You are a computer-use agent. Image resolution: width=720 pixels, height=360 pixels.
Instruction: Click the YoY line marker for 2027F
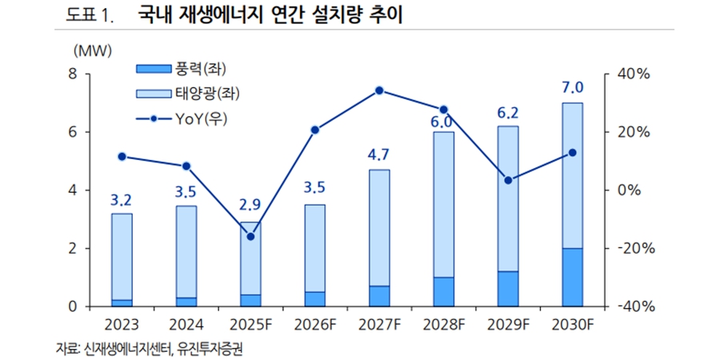(x=379, y=90)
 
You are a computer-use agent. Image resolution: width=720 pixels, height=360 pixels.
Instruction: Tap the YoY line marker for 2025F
(x=250, y=237)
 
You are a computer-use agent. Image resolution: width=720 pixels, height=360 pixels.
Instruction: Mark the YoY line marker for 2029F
(x=508, y=180)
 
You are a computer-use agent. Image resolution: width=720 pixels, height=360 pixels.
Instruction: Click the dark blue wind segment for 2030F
(x=572, y=278)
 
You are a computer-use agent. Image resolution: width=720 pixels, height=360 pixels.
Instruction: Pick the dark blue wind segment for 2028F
(x=443, y=292)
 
